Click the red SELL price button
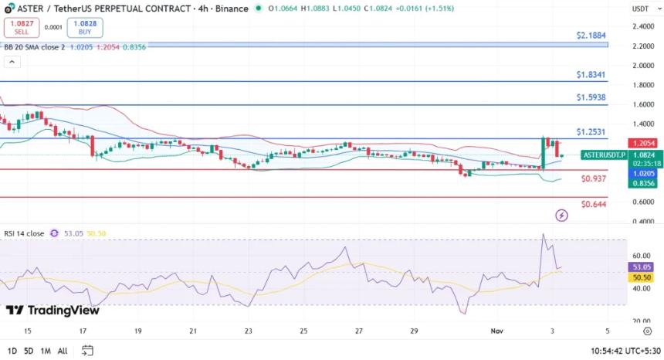pyautogui.click(x=21, y=28)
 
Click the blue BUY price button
pyautogui.click(x=85, y=28)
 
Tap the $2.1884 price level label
pyautogui.click(x=591, y=36)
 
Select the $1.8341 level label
pyautogui.click(x=591, y=75)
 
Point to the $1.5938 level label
pyautogui.click(x=591, y=98)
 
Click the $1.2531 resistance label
pyautogui.click(x=591, y=132)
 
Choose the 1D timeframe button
pyautogui.click(x=13, y=351)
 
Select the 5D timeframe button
pyautogui.click(x=29, y=351)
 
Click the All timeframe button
pyautogui.click(x=63, y=351)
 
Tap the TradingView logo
pyautogui.click(x=53, y=311)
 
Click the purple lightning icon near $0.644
pyautogui.click(x=561, y=216)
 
